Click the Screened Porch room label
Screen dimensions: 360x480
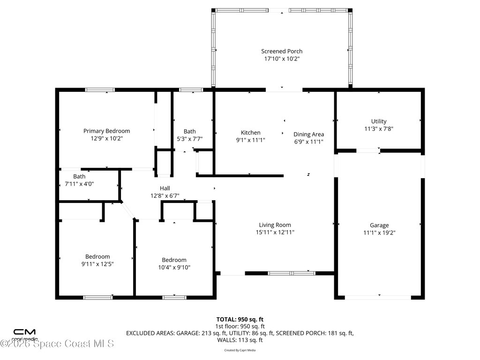pos(281,51)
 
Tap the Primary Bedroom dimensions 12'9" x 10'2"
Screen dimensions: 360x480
pos(106,139)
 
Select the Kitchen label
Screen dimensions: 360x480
pos(250,133)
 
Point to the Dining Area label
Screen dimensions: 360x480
pos(308,135)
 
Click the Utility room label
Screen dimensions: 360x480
pos(379,121)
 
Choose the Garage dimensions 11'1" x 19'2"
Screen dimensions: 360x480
pos(379,232)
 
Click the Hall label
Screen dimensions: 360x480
pos(165,188)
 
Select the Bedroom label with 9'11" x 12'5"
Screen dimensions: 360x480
pos(97,256)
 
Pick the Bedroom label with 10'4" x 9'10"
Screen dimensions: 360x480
pos(174,260)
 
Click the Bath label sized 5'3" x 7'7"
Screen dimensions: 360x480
pos(190,132)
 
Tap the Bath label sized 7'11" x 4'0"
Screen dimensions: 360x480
pos(79,177)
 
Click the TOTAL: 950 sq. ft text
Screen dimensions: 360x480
pos(240,319)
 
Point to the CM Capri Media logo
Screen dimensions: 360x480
pos(24,334)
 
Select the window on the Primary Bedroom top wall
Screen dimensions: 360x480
pos(99,90)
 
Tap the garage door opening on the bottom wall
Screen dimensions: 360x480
pos(378,297)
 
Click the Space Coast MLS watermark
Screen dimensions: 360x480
pos(57,344)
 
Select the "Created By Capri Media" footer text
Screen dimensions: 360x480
pos(240,350)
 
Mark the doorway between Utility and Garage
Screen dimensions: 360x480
pos(368,150)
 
